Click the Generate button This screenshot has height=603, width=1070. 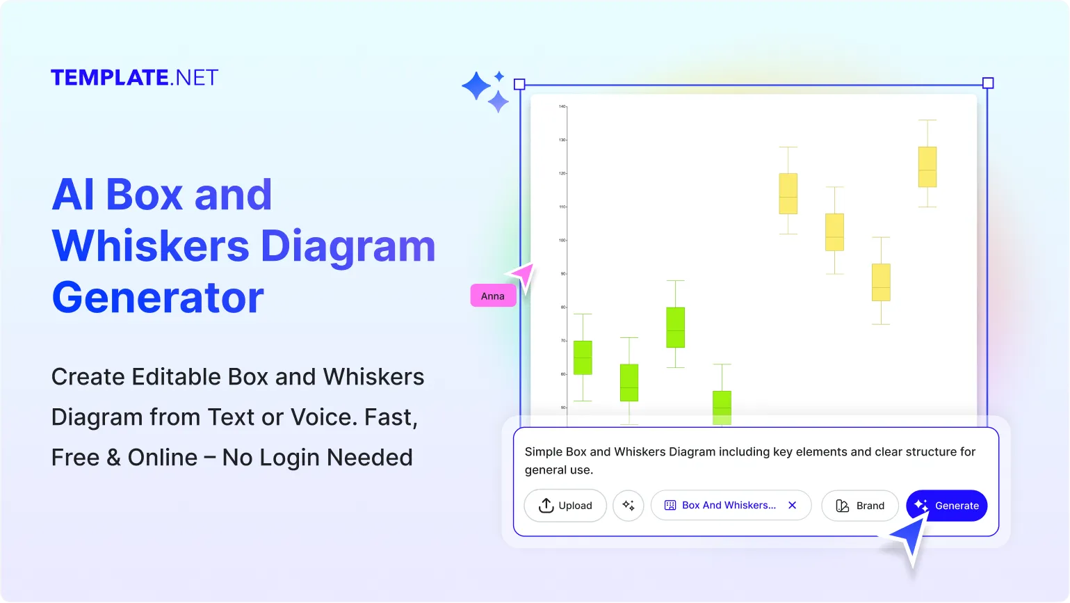coord(947,506)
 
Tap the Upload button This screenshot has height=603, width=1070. coord(565,506)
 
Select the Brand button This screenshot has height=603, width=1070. coord(860,506)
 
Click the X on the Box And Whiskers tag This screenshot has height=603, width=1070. coord(792,506)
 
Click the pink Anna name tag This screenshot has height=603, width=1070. coord(493,296)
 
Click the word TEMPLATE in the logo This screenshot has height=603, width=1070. coord(110,78)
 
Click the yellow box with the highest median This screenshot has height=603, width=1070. coord(927,167)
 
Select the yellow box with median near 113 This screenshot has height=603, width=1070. coord(788,193)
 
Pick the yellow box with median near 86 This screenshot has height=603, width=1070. coord(881,282)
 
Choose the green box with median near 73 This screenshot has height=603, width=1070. coord(675,328)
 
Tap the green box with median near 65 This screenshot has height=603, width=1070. coord(583,357)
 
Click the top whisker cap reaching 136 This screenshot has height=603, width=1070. coord(927,120)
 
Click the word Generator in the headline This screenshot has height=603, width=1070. coord(158,298)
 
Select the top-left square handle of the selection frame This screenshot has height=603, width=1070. coord(519,84)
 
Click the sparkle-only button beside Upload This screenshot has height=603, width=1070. coord(629,506)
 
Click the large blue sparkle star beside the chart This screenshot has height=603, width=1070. coord(477,87)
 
